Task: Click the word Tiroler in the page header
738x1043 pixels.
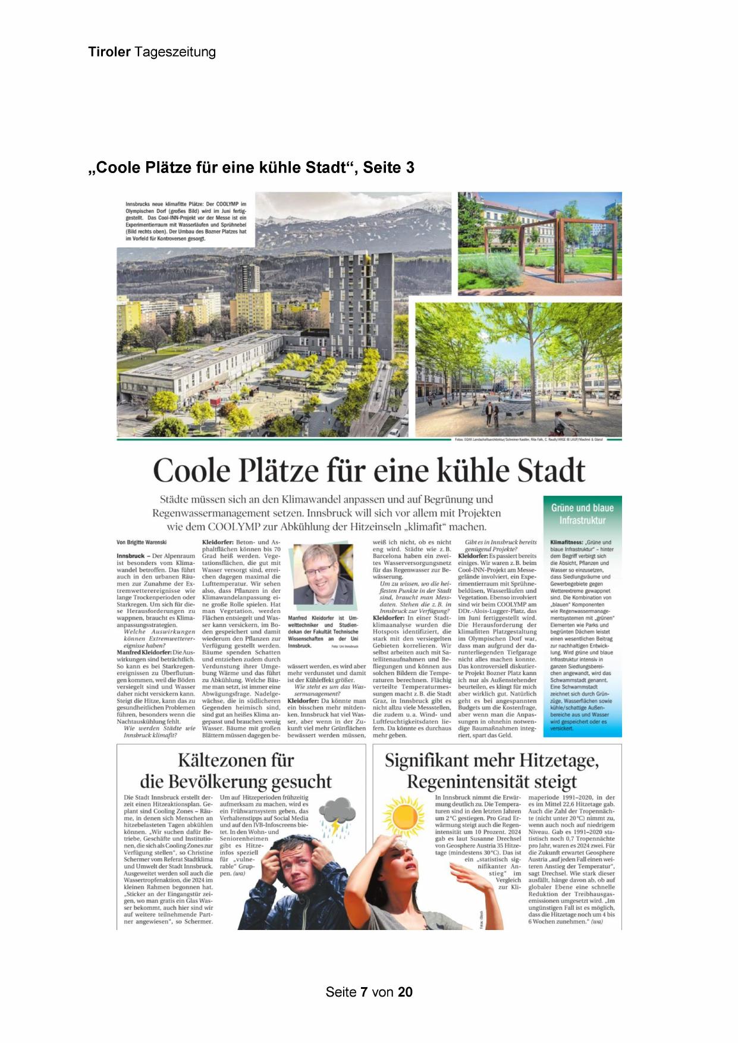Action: (x=109, y=52)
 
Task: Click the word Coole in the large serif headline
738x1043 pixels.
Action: (x=191, y=471)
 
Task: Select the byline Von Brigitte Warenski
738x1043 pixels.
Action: (x=142, y=542)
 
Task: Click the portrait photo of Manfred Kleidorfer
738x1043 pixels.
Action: (x=322, y=574)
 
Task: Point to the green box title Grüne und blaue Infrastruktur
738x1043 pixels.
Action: (x=582, y=514)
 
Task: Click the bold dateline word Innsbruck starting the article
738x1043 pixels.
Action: (x=131, y=555)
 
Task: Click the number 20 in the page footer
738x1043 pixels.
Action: (x=405, y=992)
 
